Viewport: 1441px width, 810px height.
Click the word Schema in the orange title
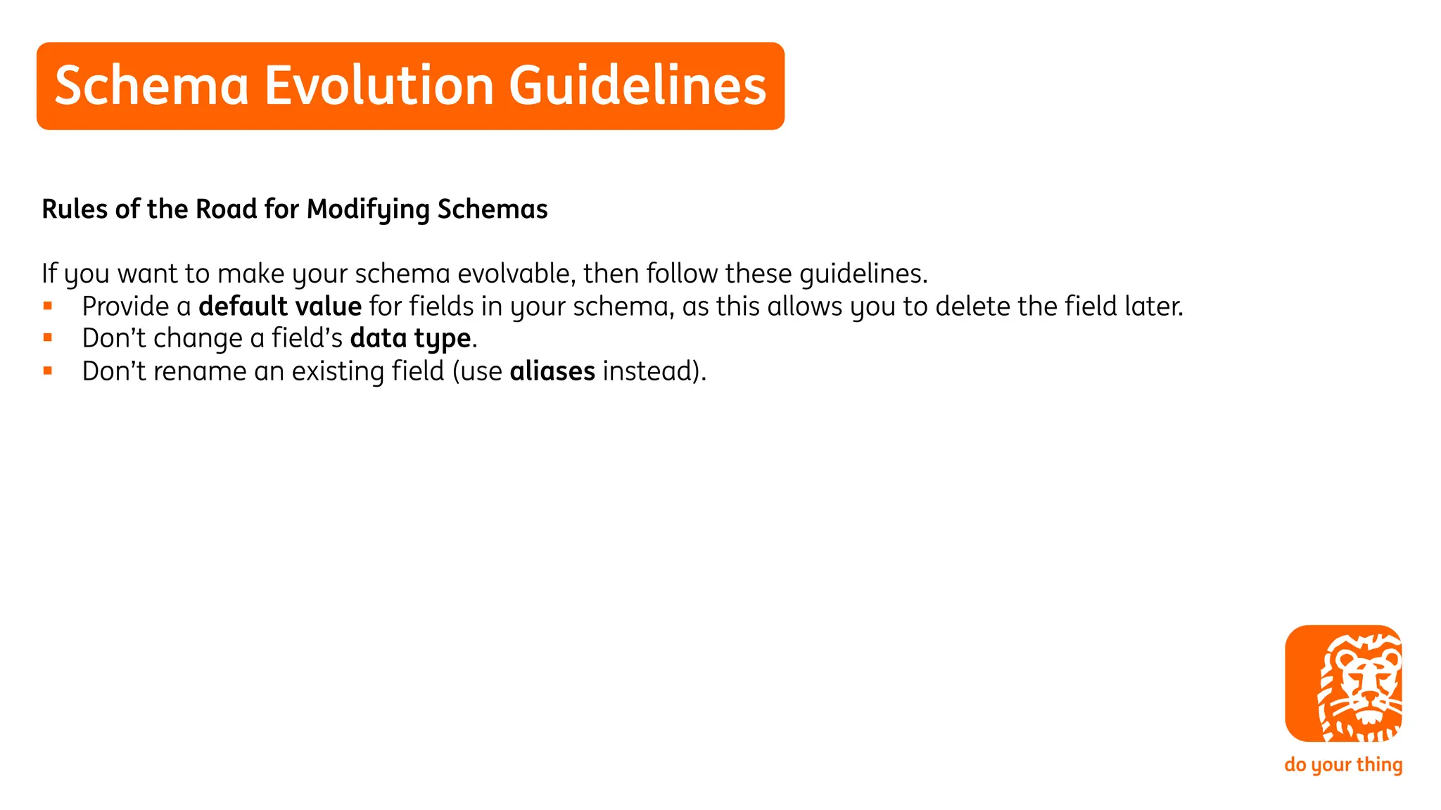(151, 86)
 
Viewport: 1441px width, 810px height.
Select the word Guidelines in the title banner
(637, 86)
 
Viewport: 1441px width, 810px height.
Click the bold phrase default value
(280, 307)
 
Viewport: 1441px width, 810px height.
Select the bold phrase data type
(410, 339)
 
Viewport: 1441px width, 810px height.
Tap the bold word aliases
(552, 371)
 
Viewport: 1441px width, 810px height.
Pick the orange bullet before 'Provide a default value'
(48, 306)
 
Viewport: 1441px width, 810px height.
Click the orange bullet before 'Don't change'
(48, 338)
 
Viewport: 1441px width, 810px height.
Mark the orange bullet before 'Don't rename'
(48, 371)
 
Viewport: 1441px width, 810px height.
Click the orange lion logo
(1343, 683)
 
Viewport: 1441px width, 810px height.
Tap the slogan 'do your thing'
(1343, 764)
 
